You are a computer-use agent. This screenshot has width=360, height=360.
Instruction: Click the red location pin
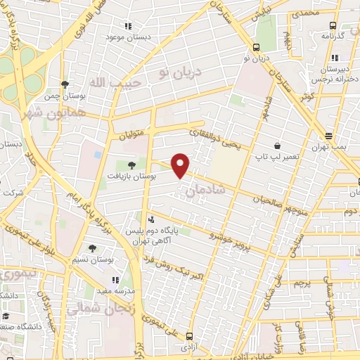pyautogui.click(x=181, y=165)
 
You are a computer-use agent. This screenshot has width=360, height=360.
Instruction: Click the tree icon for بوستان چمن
pyautogui.click(x=65, y=84)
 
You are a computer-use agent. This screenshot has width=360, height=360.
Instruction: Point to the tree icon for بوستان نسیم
pyautogui.click(x=92, y=247)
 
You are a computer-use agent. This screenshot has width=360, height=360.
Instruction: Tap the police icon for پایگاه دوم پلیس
pyautogui.click(x=153, y=219)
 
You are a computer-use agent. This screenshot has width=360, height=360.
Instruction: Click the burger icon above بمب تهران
pyautogui.click(x=328, y=136)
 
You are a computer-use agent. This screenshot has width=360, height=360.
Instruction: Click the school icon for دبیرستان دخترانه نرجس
pyautogui.click(x=335, y=58)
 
